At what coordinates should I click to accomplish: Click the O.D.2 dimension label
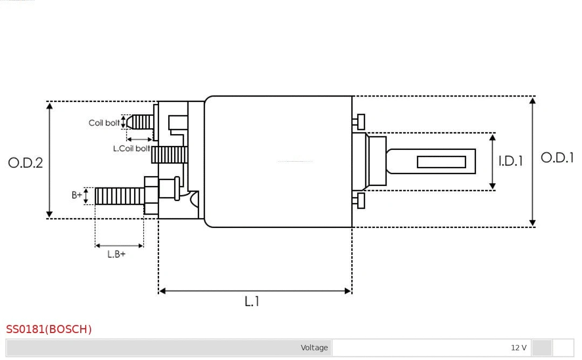click(x=25, y=163)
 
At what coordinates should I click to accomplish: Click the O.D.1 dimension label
click(x=557, y=158)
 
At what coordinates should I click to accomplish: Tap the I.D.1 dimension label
click(x=510, y=161)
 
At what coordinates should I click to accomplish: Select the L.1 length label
click(x=252, y=302)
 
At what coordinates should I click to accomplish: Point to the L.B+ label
click(x=116, y=254)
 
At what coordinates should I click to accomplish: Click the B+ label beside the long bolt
click(x=77, y=195)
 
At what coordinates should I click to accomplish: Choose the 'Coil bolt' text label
click(x=104, y=123)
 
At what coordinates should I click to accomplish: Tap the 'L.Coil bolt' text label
click(x=131, y=148)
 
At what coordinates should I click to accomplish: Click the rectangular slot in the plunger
click(x=441, y=162)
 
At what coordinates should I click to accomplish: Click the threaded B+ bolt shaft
click(x=120, y=196)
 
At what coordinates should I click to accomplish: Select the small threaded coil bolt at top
click(x=142, y=122)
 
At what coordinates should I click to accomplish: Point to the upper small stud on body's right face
click(x=360, y=122)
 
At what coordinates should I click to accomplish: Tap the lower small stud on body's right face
click(x=360, y=200)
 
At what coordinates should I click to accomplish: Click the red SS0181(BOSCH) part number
click(x=49, y=329)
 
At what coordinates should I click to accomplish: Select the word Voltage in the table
click(x=314, y=348)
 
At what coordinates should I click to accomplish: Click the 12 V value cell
click(x=518, y=348)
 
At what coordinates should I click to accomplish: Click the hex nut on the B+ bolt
click(x=151, y=195)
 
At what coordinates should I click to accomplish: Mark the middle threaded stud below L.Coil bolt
click(x=169, y=155)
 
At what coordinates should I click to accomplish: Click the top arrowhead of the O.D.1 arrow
click(x=532, y=100)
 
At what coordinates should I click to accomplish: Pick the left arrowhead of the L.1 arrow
click(x=162, y=291)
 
